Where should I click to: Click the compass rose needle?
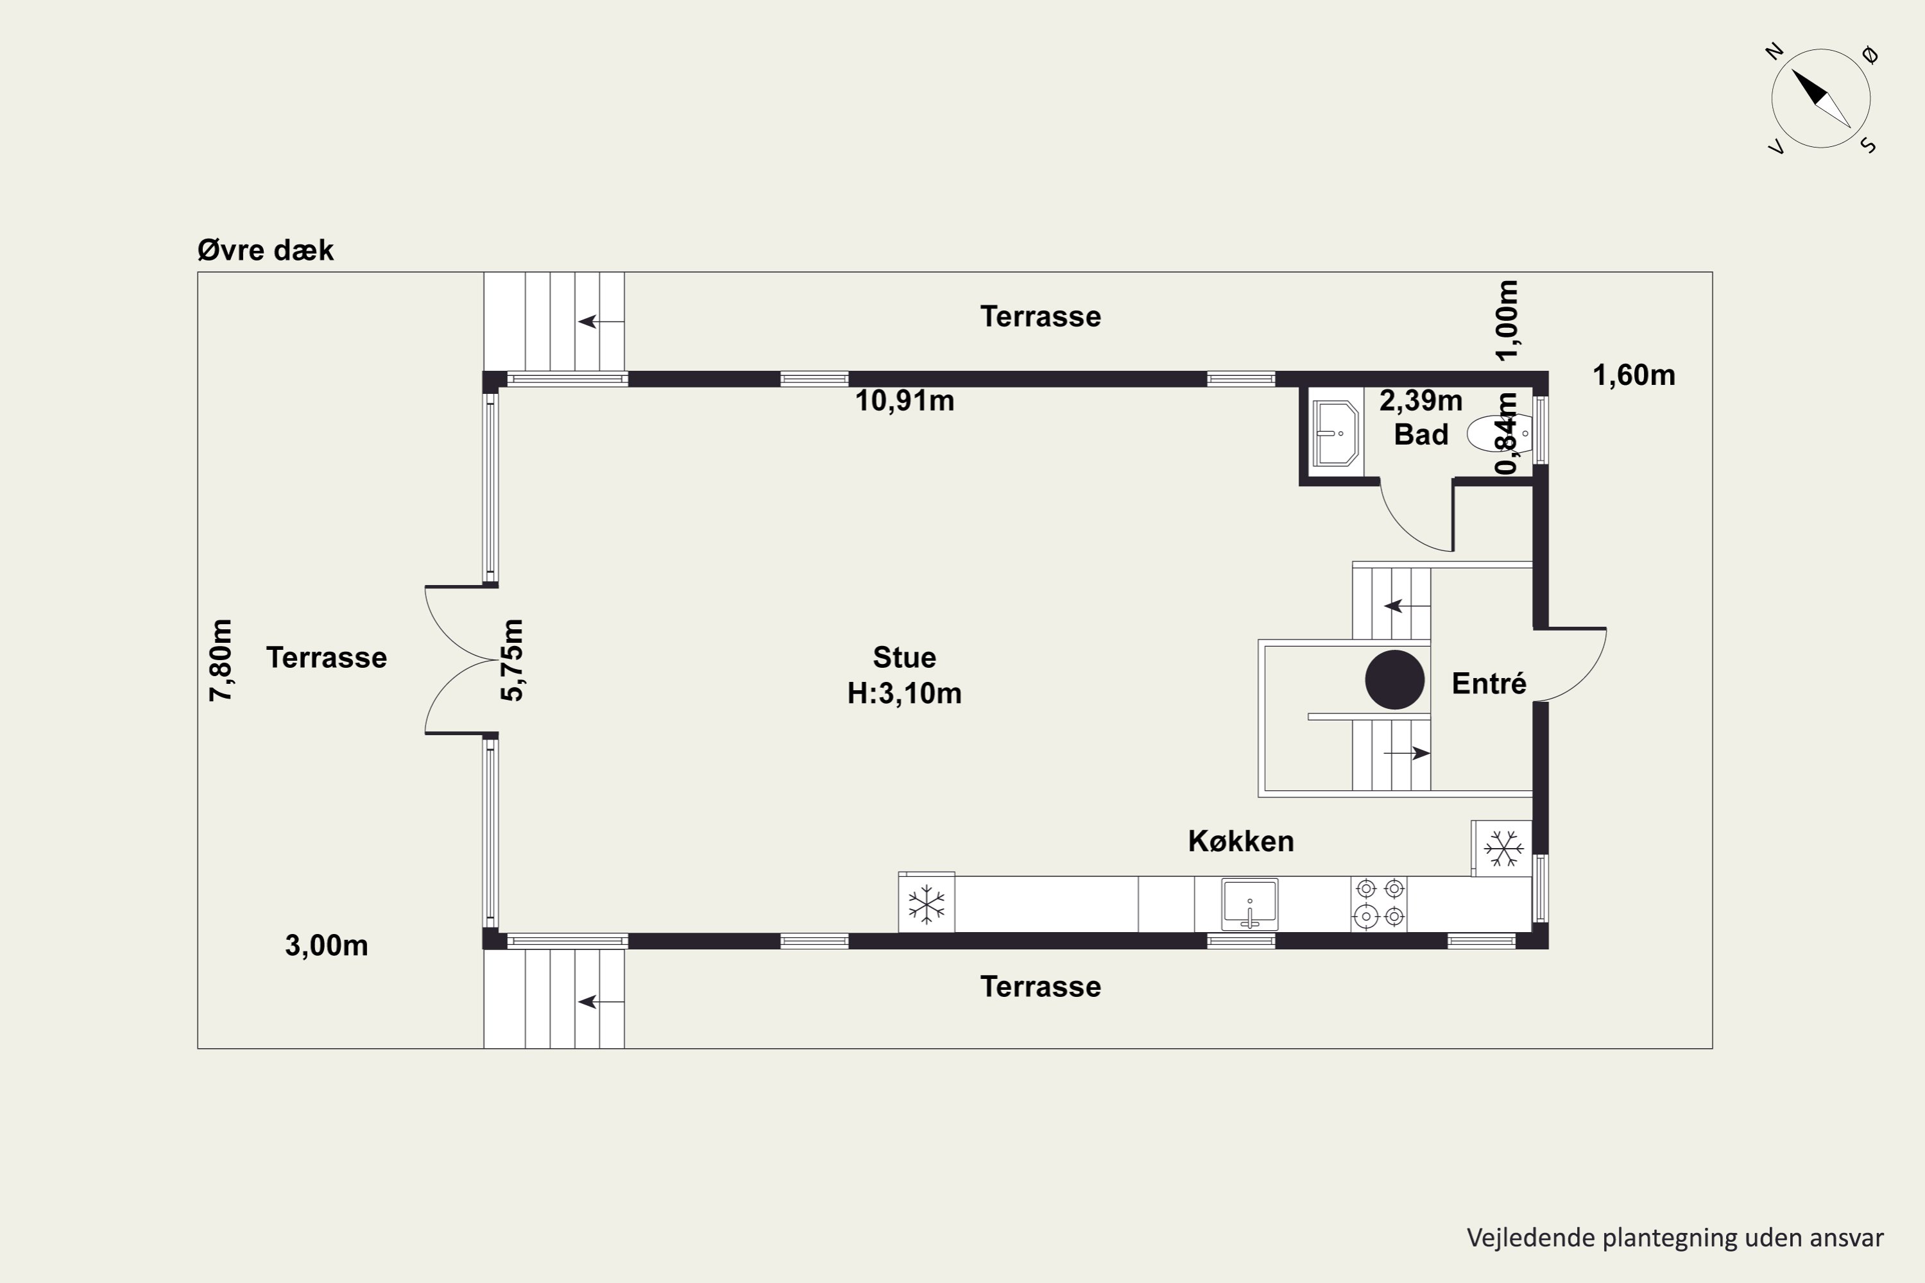pyautogui.click(x=1822, y=99)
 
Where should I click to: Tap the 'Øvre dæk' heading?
pyautogui.click(x=265, y=250)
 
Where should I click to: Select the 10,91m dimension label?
pyautogui.click(x=904, y=401)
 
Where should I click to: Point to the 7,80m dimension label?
pyautogui.click(x=221, y=659)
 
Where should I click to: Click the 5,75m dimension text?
pyautogui.click(x=512, y=659)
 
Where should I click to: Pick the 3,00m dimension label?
pyautogui.click(x=327, y=946)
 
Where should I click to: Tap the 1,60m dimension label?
pyautogui.click(x=1634, y=375)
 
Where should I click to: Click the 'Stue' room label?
pyautogui.click(x=904, y=657)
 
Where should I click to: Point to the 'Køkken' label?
pyautogui.click(x=1241, y=841)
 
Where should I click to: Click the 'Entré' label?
pyautogui.click(x=1489, y=683)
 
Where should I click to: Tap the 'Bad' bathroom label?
pyautogui.click(x=1421, y=434)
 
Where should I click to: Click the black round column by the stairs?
pyautogui.click(x=1394, y=679)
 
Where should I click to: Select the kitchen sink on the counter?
pyautogui.click(x=1250, y=904)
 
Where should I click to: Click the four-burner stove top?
pyautogui.click(x=1379, y=903)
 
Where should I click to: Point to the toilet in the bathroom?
pyautogui.click(x=1498, y=434)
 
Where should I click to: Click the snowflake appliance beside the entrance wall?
pyautogui.click(x=1502, y=849)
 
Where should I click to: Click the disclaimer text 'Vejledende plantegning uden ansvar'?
pyautogui.click(x=1675, y=1238)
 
